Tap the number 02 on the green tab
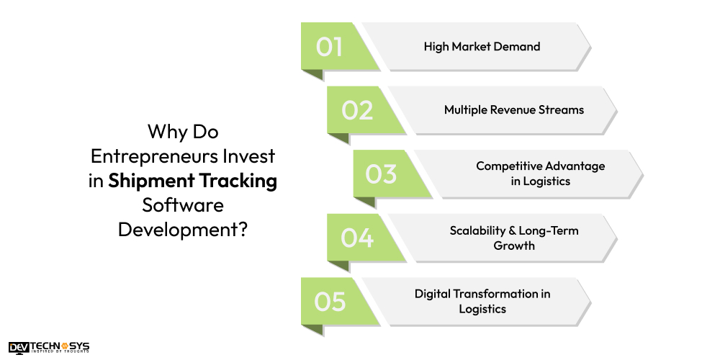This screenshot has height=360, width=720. [357, 110]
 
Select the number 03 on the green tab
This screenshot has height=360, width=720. [381, 174]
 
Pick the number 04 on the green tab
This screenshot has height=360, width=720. [357, 238]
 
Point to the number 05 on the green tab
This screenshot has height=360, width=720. [330, 301]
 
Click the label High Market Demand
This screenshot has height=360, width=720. [482, 47]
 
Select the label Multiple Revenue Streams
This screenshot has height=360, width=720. [513, 110]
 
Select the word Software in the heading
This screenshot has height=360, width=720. [182, 206]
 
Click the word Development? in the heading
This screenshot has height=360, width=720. [182, 230]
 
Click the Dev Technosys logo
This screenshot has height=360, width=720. [49, 348]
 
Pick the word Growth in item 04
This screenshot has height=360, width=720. [513, 246]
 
